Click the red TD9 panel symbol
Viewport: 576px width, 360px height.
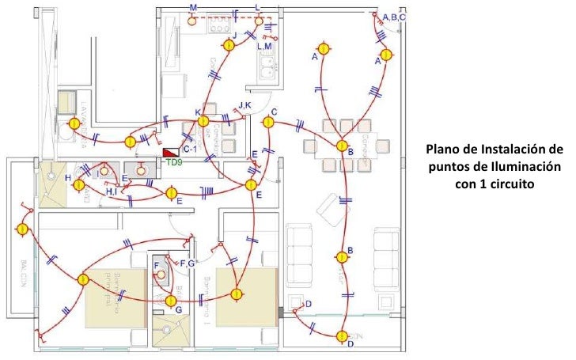[x=169, y=152]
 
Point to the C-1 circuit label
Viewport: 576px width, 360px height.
[x=191, y=149]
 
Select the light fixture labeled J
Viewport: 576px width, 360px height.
[x=228, y=46]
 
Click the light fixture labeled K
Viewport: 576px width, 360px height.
[x=203, y=121]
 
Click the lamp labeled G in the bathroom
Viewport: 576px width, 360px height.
[x=170, y=300]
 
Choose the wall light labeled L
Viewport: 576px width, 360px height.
[x=259, y=21]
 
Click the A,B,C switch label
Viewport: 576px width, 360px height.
[x=394, y=17]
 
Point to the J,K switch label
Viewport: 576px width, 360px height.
[x=244, y=105]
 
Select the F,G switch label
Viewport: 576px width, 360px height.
[x=188, y=263]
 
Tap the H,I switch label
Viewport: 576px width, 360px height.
[x=112, y=191]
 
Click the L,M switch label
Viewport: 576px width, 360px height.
[x=264, y=47]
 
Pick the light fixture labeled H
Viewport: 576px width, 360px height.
[x=79, y=184]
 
